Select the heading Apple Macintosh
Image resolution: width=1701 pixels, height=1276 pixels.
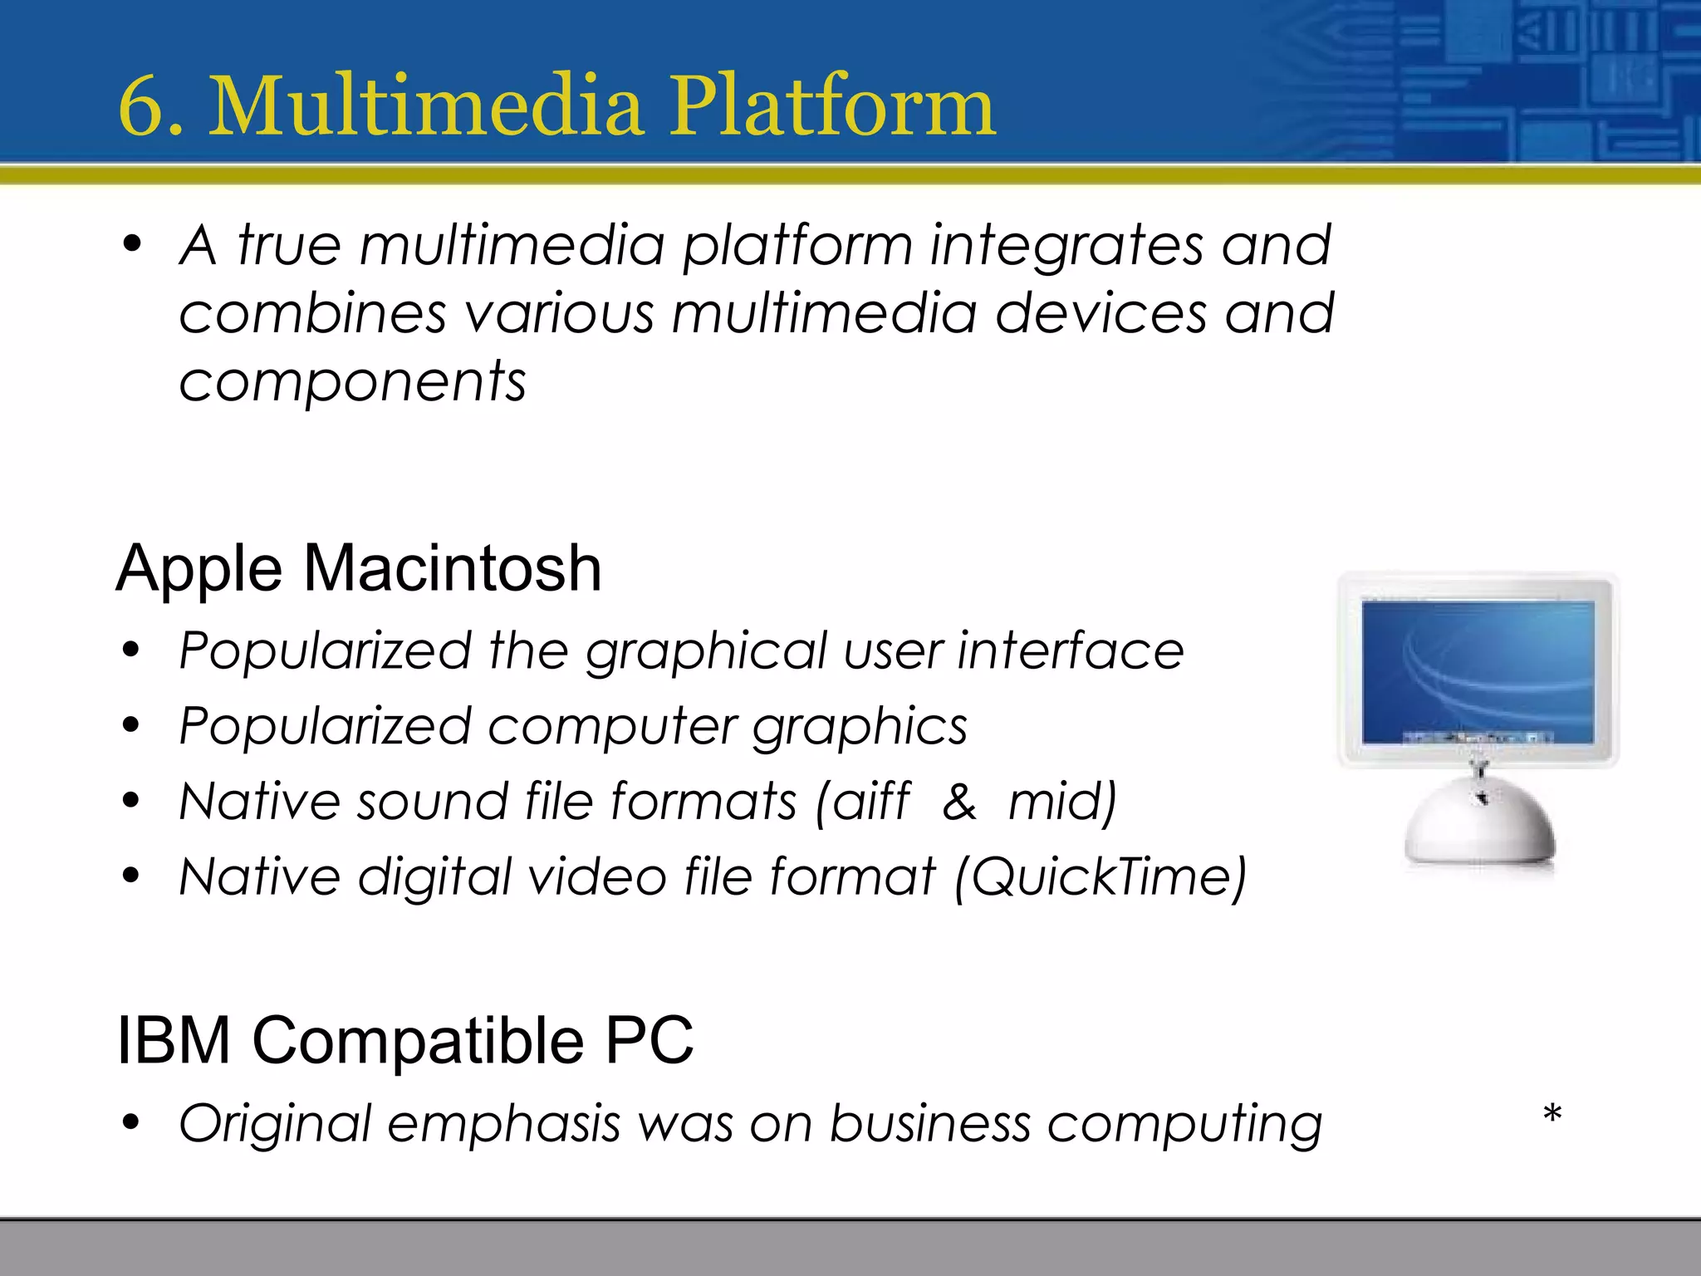tap(359, 568)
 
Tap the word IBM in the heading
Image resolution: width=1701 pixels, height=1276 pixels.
tap(174, 1040)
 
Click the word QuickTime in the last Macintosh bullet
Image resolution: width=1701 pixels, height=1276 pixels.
tap(1101, 877)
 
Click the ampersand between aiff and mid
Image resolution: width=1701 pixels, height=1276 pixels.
tap(959, 802)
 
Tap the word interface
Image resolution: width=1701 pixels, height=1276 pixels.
tap(1071, 650)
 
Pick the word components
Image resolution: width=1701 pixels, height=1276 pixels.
tap(352, 383)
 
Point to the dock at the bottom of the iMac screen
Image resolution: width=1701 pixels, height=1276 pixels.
tap(1478, 737)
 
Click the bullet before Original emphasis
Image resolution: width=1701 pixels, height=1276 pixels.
tap(131, 1123)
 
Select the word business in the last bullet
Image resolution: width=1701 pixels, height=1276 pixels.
tap(930, 1124)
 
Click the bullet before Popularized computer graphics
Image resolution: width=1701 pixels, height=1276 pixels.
tap(131, 726)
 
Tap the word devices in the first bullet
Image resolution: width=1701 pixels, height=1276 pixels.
tap(1101, 315)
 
